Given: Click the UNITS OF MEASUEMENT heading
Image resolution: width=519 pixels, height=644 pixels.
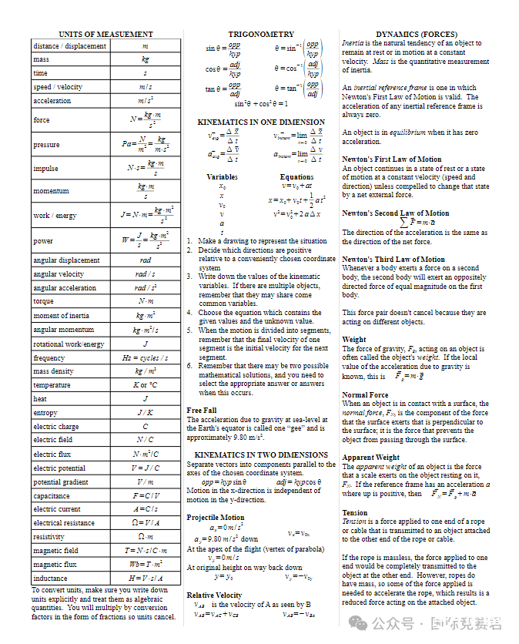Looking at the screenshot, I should [106, 35].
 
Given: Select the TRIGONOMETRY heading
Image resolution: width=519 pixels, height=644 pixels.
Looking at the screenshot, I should [261, 35].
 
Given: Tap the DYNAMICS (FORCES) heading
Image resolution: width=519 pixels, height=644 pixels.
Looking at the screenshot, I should [417, 35].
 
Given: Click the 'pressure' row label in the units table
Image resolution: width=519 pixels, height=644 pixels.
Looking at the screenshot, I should [46, 145].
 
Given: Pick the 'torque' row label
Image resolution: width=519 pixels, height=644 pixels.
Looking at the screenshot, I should [44, 301].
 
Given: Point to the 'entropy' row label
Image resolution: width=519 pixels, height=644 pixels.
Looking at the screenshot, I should [45, 412].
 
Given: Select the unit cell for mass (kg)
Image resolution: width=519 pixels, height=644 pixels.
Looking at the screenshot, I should [146, 59].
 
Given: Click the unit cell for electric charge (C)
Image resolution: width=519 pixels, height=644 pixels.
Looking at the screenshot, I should [146, 426].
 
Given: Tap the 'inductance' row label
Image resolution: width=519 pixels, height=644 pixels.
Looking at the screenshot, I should [50, 578].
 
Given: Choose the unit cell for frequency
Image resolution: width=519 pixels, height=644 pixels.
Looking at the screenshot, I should [146, 357].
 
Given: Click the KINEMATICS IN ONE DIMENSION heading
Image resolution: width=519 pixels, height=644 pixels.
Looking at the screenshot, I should [261, 122].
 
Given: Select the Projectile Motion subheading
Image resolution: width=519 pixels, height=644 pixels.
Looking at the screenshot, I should [216, 518].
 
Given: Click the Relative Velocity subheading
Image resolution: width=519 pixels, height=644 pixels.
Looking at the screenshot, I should [214, 595].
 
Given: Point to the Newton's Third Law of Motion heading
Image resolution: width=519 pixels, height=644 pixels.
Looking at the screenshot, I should [393, 260].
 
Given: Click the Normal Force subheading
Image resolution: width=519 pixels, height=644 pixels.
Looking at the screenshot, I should [365, 395].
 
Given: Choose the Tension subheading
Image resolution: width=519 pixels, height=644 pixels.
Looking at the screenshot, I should [355, 513].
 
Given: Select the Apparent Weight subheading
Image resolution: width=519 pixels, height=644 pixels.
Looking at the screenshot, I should [371, 458].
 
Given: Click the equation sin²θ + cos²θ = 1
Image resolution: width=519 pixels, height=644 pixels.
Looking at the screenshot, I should [261, 103].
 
